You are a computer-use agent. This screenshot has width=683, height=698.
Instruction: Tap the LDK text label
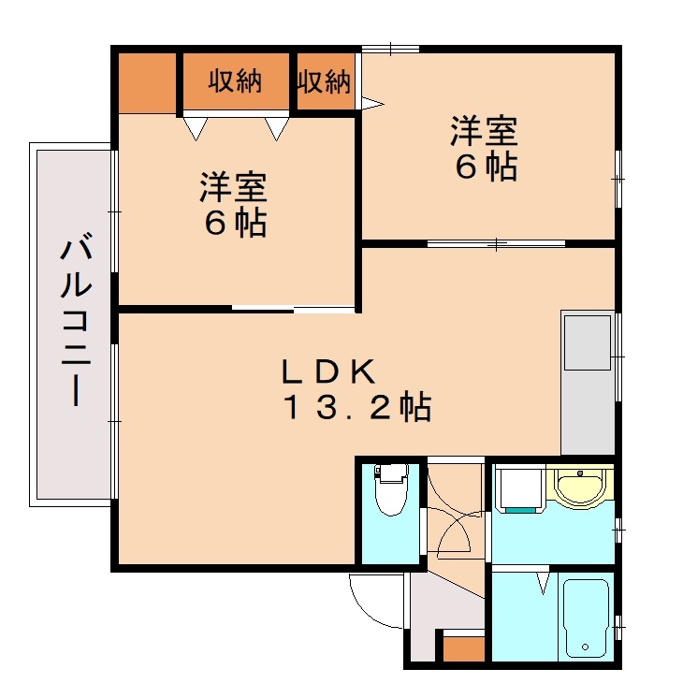(329, 371)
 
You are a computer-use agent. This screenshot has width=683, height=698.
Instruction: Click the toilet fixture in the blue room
(390, 491)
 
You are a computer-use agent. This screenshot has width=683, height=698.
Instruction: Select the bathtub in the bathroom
(587, 618)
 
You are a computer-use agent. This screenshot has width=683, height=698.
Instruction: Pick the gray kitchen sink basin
(588, 341)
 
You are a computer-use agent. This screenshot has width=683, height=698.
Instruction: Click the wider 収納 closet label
(235, 81)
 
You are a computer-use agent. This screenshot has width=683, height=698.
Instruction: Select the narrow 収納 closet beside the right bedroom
(324, 82)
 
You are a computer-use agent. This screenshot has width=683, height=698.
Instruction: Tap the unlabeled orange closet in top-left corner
(147, 82)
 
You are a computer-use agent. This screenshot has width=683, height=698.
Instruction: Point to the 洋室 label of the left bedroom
(232, 188)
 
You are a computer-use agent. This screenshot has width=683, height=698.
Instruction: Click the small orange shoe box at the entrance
(462, 648)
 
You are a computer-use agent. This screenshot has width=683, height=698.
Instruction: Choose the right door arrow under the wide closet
(276, 128)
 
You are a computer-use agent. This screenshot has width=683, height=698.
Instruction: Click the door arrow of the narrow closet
(372, 102)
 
